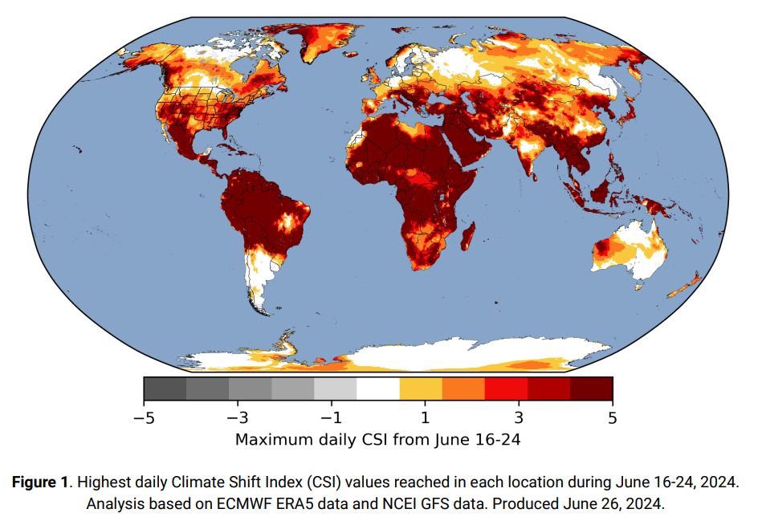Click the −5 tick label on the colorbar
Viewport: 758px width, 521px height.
click(x=145, y=418)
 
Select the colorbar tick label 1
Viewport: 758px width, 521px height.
click(x=425, y=418)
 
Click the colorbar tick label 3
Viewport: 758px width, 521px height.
click(x=519, y=418)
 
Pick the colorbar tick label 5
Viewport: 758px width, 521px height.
click(x=612, y=418)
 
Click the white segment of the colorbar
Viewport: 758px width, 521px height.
click(x=378, y=389)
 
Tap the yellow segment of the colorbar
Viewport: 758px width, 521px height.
click(x=421, y=389)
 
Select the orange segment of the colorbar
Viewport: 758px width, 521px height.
click(x=463, y=389)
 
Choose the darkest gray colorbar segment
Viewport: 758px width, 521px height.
click(x=165, y=389)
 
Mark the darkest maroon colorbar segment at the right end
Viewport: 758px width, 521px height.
click(x=592, y=389)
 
